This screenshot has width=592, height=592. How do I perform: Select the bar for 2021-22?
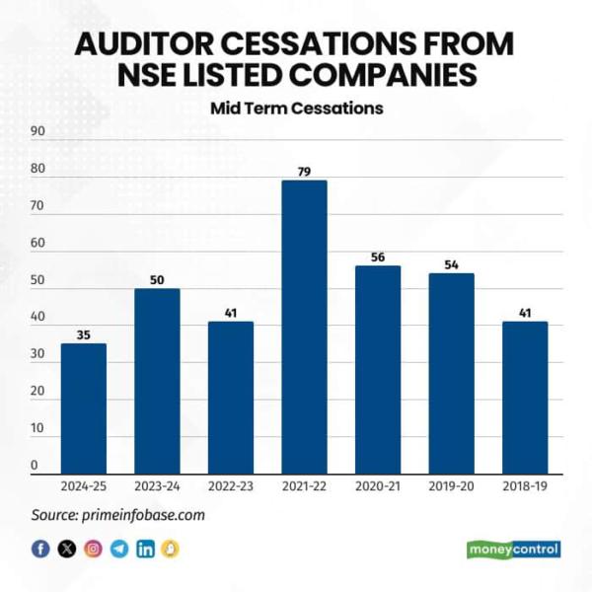point(304,327)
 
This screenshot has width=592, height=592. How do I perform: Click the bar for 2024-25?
point(83,408)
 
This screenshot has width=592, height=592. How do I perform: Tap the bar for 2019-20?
point(451,373)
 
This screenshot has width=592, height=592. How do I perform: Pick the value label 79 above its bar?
point(304,172)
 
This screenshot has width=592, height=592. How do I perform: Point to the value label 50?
point(157,280)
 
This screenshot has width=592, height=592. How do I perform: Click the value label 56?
point(378,258)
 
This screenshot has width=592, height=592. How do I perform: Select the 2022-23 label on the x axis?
point(230,486)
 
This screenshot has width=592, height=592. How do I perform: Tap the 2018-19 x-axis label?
point(524,486)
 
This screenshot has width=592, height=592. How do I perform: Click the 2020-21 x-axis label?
point(378,486)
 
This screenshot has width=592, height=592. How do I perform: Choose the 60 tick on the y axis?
point(37,243)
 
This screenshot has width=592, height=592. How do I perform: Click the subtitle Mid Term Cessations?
point(296,109)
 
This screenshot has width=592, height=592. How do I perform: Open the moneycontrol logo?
point(513,550)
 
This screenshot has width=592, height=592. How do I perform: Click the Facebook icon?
point(40,550)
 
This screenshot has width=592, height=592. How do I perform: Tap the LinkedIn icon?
point(145,550)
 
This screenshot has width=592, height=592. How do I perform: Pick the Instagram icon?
point(93,550)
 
